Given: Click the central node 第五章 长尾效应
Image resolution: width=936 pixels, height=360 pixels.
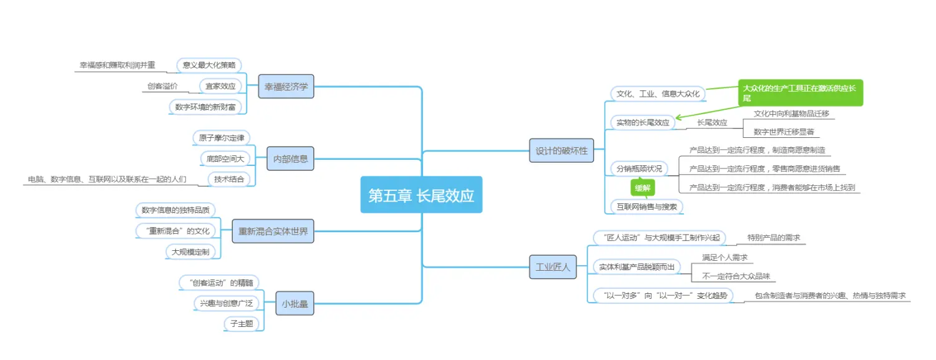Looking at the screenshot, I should coord(421,195).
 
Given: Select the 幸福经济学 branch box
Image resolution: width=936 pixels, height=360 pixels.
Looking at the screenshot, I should coord(286,87).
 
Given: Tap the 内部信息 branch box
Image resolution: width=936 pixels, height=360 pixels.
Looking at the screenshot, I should coord(290,158).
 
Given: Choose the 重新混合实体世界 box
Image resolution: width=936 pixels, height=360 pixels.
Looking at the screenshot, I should coord(273,231).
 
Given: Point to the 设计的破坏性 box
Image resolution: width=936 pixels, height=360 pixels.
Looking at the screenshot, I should coord(562,150).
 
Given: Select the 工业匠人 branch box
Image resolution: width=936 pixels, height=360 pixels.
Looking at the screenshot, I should coord(553,266).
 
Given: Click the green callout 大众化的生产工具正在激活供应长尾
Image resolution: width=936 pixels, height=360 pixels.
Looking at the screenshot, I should coord(801,93).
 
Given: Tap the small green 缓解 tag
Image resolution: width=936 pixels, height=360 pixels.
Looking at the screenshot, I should coord(643,187).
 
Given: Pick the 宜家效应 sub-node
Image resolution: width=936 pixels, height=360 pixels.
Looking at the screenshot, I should coord(220,86).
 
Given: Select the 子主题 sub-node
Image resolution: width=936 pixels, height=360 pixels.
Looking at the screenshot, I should coord(241,323).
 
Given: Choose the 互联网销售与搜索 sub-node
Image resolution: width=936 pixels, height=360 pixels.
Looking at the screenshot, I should coord(646,206).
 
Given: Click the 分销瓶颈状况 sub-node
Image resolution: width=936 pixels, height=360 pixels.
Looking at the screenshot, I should coord(639,168).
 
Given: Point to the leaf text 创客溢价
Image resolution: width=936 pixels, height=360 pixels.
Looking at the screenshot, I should coord(162,86).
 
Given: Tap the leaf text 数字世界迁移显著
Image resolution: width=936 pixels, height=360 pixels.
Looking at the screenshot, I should coord(783,132).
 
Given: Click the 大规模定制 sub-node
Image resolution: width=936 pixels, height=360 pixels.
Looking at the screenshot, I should coord(191,251).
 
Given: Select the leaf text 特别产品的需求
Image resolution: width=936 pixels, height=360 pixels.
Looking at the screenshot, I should coord(774,238).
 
